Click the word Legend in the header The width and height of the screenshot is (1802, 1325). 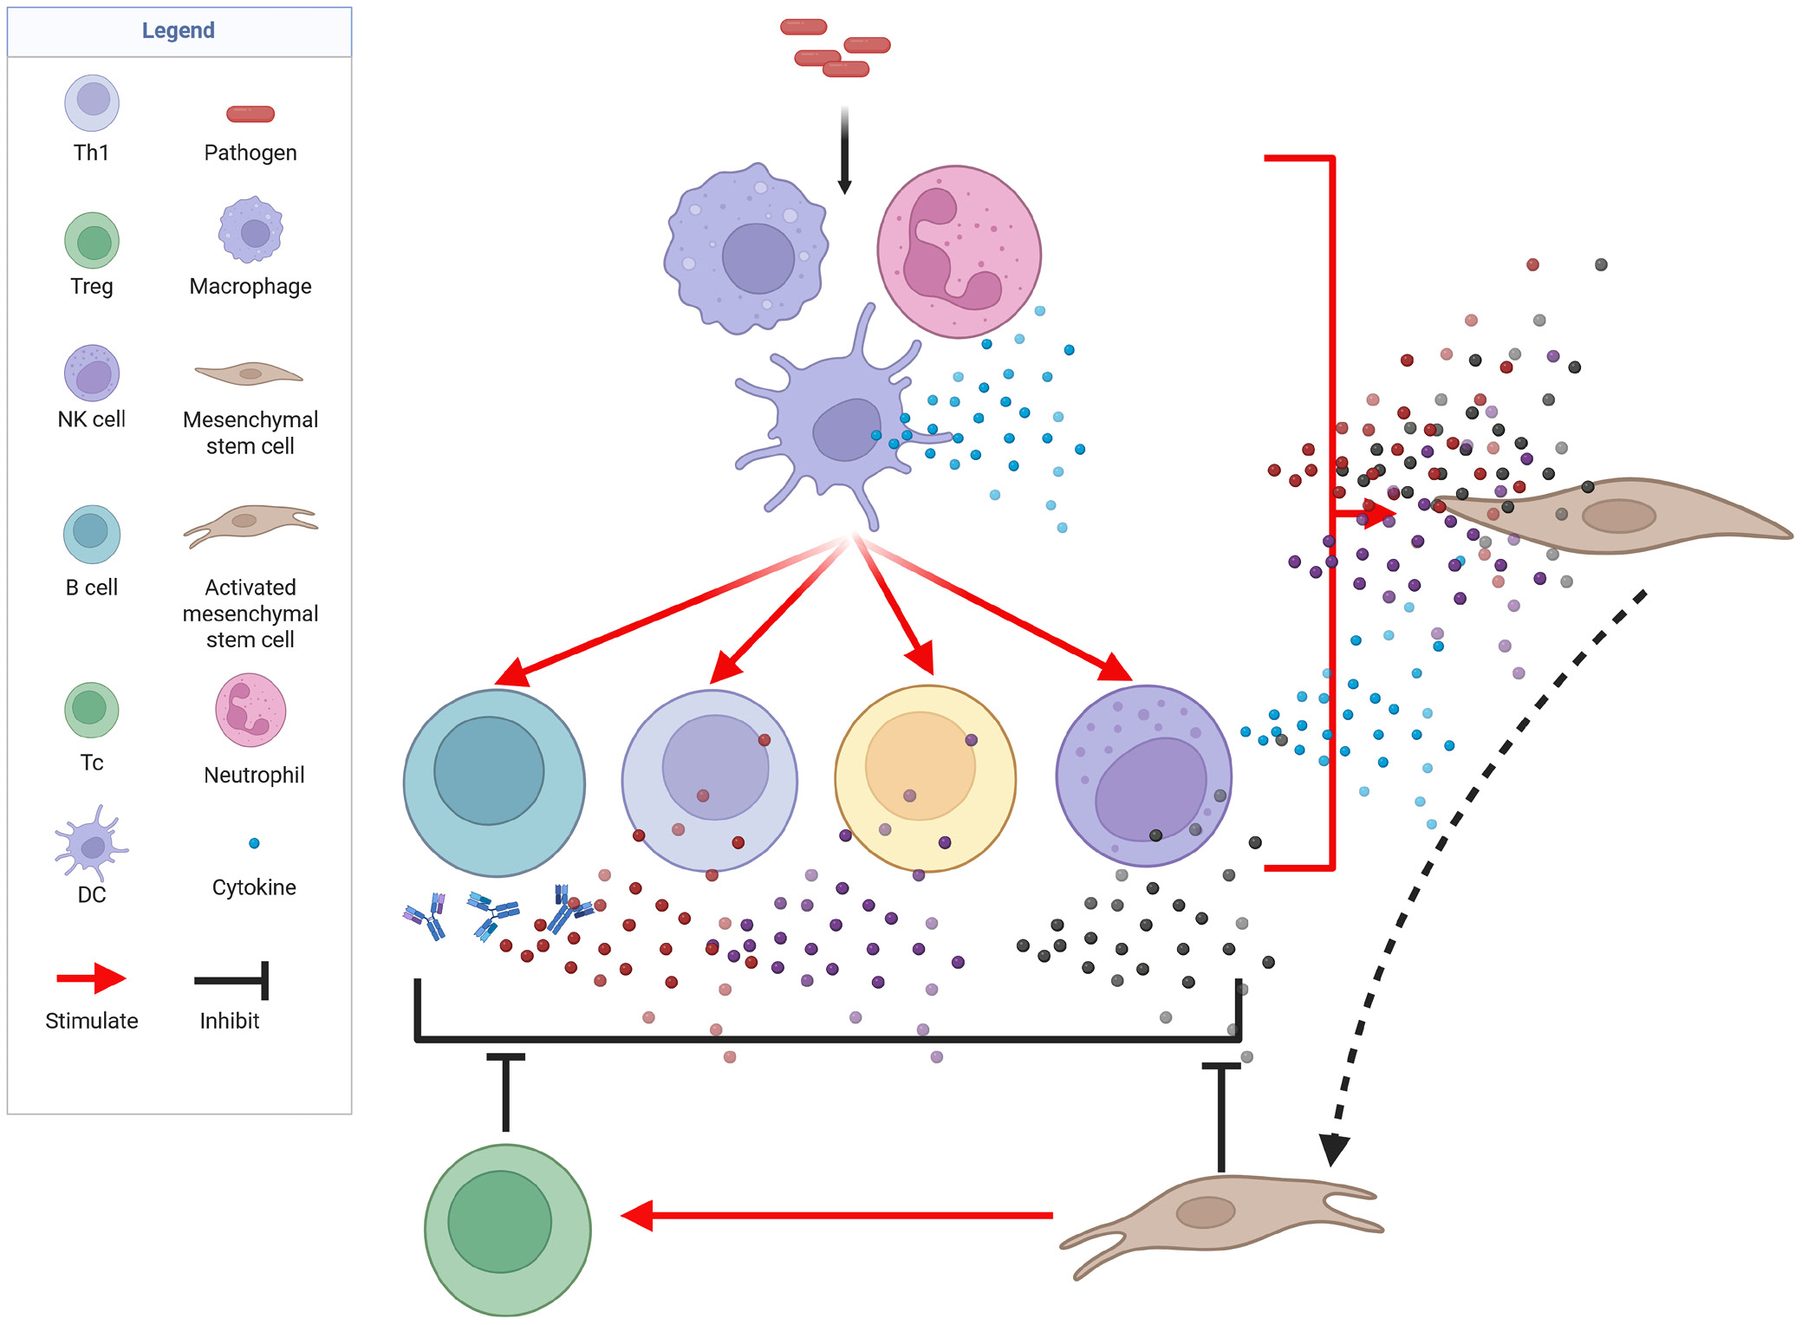pos(178,30)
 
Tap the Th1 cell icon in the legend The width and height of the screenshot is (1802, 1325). pos(92,102)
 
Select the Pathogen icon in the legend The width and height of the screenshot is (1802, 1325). pos(250,114)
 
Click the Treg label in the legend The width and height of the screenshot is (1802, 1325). pos(92,286)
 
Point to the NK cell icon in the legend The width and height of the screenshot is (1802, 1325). pos(92,373)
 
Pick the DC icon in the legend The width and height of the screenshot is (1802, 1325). pos(91,844)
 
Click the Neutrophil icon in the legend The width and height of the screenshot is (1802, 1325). pos(250,710)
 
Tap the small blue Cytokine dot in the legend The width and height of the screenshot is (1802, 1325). pos(254,843)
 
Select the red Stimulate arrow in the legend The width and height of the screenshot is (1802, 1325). pos(91,978)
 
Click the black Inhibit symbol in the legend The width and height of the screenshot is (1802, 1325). pos(232,981)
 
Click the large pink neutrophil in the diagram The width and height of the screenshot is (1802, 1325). pos(959,251)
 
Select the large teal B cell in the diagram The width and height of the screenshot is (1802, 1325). pos(494,782)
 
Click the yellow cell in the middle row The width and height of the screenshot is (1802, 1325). pos(925,777)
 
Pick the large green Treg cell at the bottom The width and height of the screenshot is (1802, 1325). pos(507,1229)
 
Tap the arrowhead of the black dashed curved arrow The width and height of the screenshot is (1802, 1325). pos(1333,1149)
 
